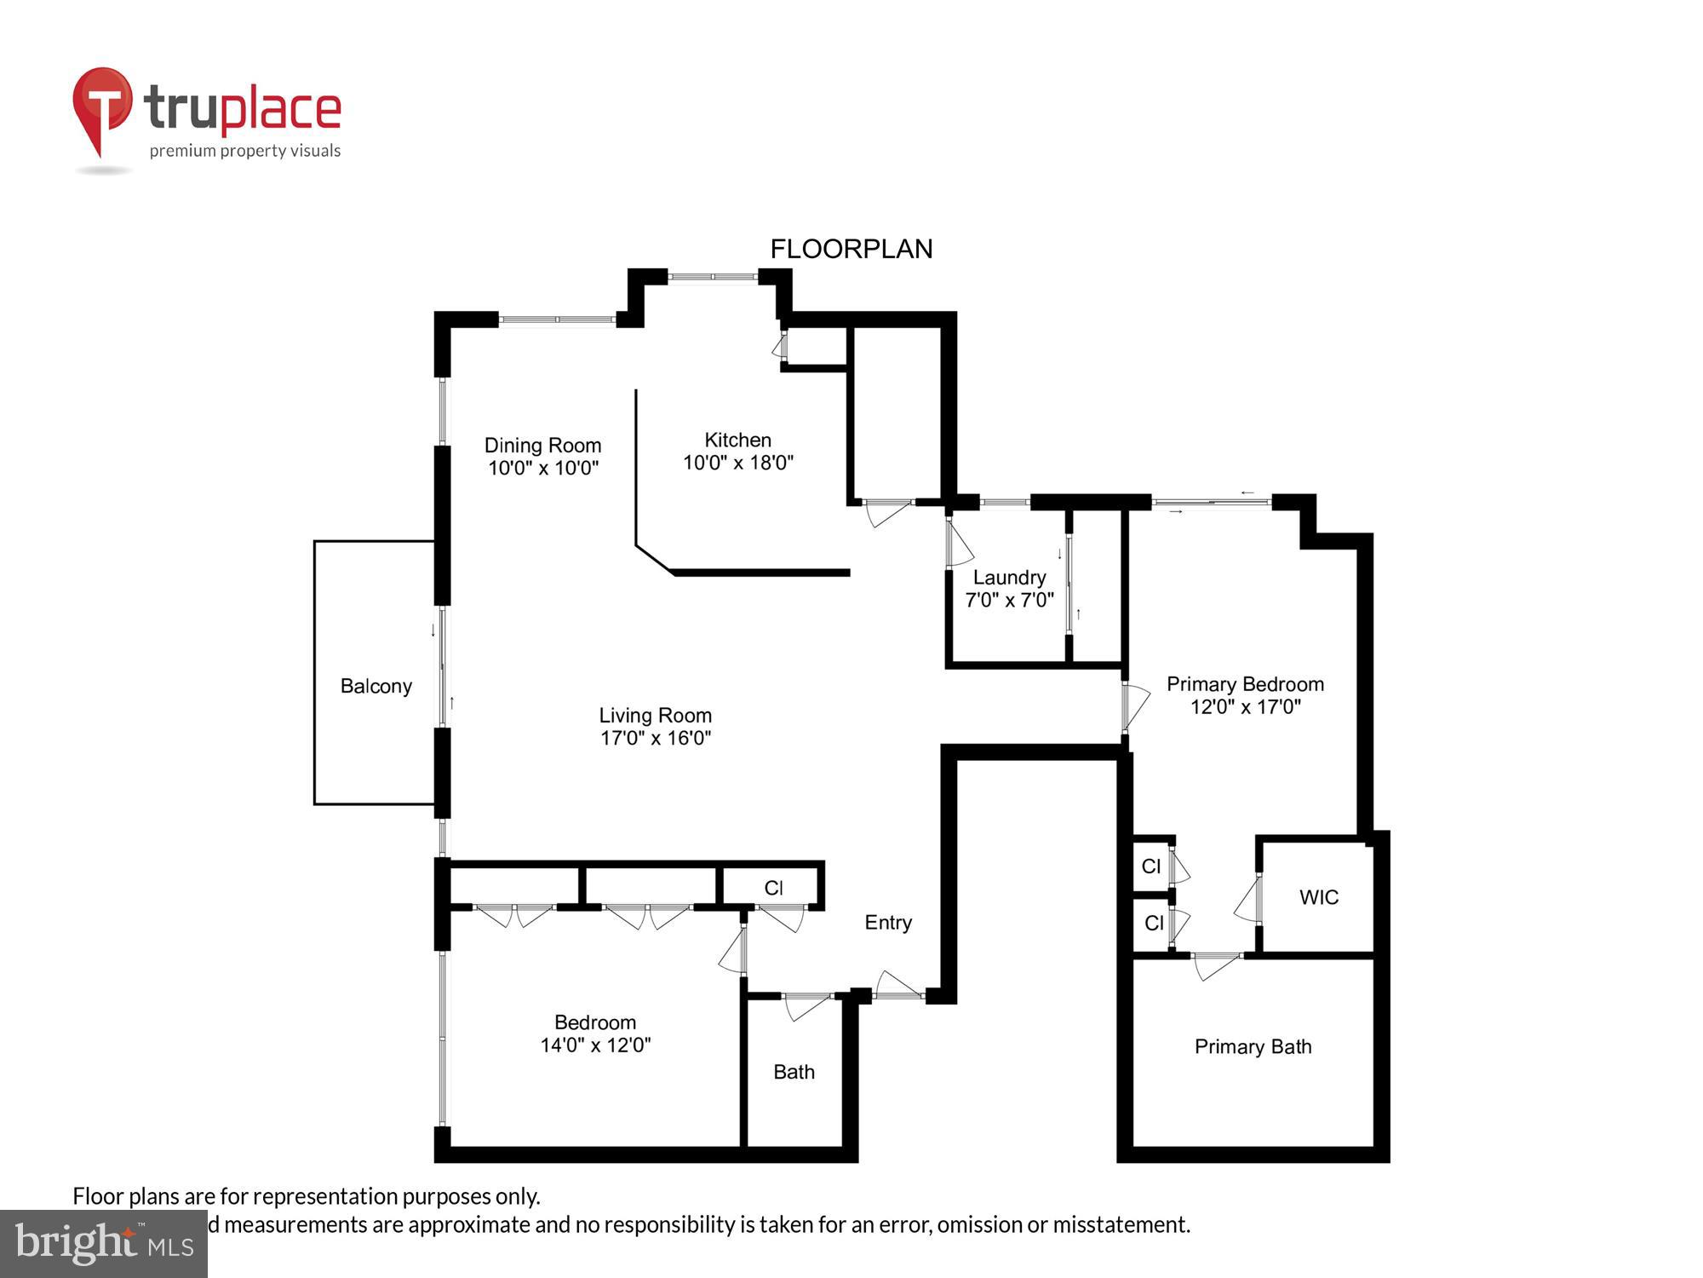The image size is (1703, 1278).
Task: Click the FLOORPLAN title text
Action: pos(851,249)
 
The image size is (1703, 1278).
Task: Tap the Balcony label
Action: pos(376,686)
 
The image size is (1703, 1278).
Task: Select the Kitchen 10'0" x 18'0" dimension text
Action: pos(738,463)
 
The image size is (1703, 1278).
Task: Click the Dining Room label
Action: pos(542,445)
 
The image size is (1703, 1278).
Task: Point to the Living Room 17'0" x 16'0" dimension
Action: pos(655,738)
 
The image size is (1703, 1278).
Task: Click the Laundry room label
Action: pos(1009,578)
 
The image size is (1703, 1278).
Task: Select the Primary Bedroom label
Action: pos(1244,684)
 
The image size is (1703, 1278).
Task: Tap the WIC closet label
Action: pos(1318,896)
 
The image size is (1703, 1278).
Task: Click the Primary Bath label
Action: pos(1253,1046)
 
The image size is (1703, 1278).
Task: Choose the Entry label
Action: pos(887,922)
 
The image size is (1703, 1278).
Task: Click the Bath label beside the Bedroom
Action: pos(794,1072)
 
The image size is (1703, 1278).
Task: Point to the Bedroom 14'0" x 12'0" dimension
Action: pos(595,1045)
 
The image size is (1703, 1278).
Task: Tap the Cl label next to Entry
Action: pos(773,888)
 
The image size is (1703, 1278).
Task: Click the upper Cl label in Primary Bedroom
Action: pos(1150,866)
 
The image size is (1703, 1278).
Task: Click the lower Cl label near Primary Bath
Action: pos(1153,923)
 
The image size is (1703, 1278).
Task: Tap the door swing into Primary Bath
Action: pos(1216,965)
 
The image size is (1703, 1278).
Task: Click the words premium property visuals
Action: pos(245,151)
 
